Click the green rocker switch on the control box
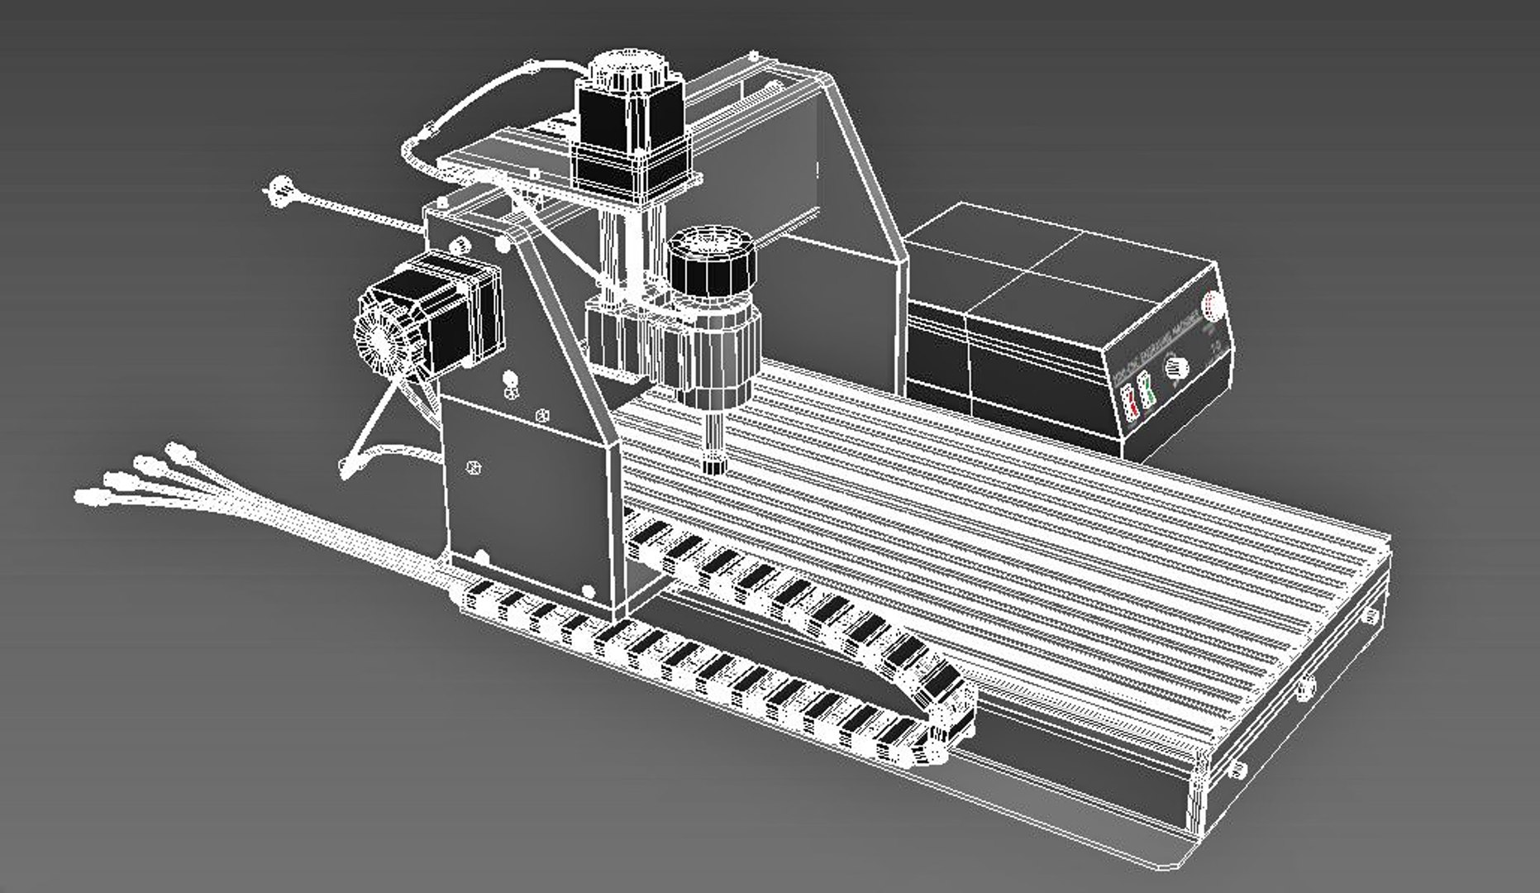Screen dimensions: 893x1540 (x=1145, y=389)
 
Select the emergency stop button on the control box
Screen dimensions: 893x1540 (x=1213, y=305)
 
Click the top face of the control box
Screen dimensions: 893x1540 (x=1050, y=265)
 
